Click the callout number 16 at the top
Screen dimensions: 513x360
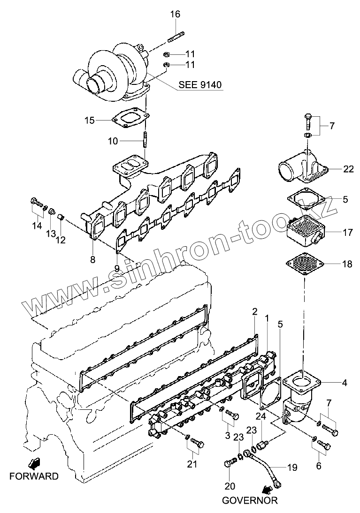(x=175, y=14)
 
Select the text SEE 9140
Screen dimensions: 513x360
(x=200, y=85)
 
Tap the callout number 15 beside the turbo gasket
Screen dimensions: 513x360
(x=90, y=121)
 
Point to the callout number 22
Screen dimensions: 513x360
(x=348, y=169)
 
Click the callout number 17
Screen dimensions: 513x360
(x=347, y=232)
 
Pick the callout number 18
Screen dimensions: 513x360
(x=347, y=264)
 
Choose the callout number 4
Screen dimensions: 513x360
(x=345, y=383)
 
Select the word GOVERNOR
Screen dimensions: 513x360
(x=250, y=500)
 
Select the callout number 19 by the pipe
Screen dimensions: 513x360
(x=292, y=467)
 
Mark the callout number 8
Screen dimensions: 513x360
(x=92, y=259)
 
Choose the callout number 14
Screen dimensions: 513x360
(x=37, y=226)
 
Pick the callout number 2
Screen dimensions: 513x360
(x=254, y=311)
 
